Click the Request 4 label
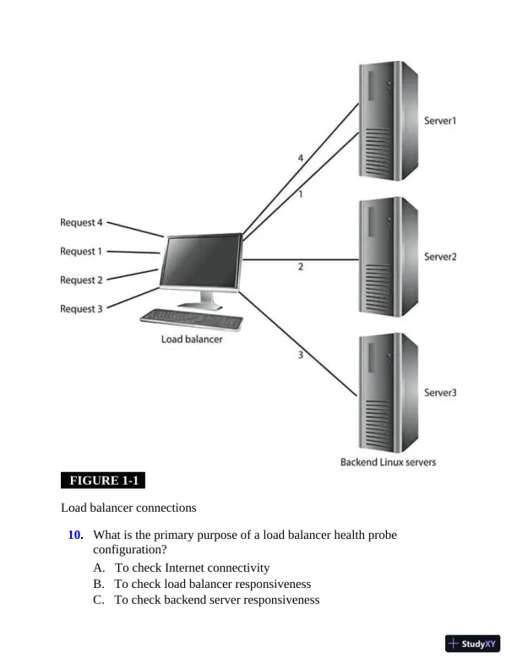coord(81,223)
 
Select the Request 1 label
coord(81,251)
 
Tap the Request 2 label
coord(81,280)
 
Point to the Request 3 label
coord(81,308)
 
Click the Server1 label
coord(439,121)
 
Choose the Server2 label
coord(439,257)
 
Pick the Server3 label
coord(439,392)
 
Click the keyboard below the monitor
coord(192,319)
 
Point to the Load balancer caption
coord(192,340)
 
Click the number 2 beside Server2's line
coord(301,267)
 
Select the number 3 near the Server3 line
coord(300,355)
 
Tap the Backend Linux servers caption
coord(388,462)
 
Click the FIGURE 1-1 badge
coord(103,481)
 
